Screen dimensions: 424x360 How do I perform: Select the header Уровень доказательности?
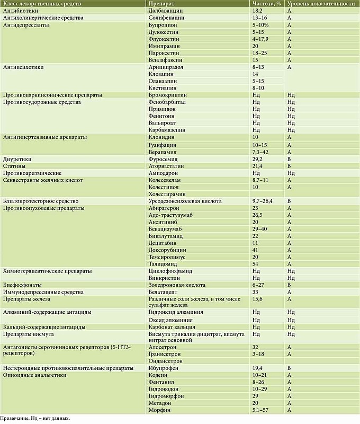320,4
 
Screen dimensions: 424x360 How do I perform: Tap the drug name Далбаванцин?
167,11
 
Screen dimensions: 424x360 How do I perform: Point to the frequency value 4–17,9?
263,39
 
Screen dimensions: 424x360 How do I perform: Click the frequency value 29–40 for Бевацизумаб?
260,228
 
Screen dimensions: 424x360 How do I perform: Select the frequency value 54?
256,264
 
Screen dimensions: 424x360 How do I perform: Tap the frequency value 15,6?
258,299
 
